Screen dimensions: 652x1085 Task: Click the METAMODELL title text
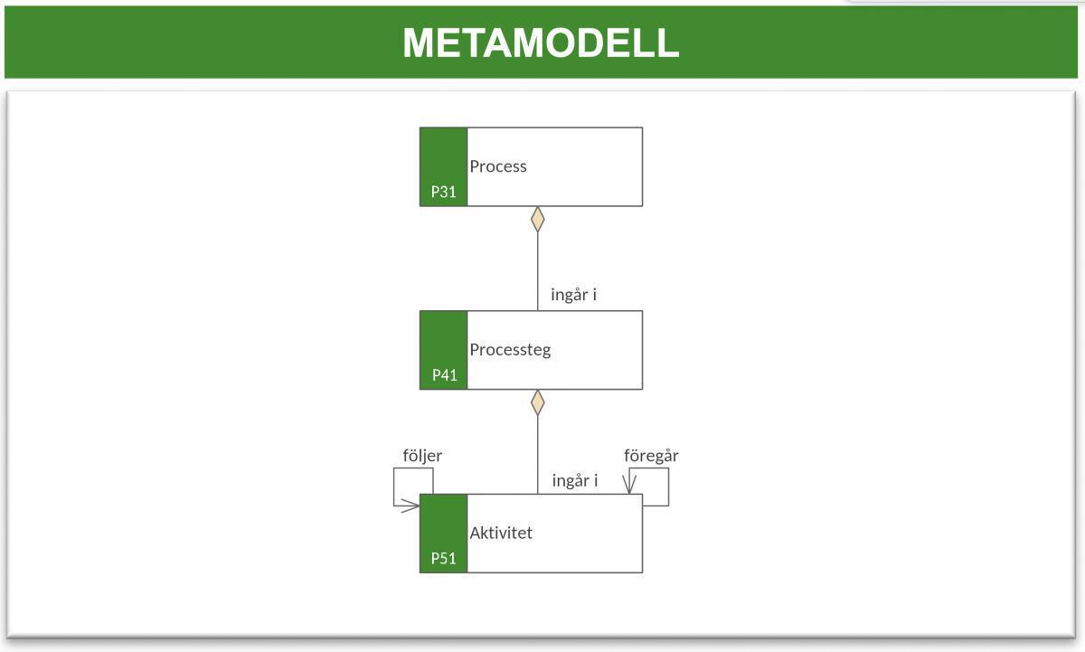click(541, 43)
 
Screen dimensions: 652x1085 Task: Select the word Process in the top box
click(497, 166)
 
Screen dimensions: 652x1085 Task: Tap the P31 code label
click(443, 192)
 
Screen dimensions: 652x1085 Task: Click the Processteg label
click(509, 350)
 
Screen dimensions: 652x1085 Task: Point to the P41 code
click(444, 375)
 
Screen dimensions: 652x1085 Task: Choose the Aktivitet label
click(501, 533)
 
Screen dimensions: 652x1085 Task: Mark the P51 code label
click(443, 558)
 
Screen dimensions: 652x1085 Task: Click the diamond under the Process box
click(538, 219)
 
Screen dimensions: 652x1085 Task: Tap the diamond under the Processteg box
click(538, 402)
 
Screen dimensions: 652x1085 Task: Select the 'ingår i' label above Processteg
click(573, 295)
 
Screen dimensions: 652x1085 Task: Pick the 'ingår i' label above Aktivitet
click(574, 480)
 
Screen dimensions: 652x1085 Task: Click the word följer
click(422, 456)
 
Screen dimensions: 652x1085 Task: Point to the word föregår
click(651, 456)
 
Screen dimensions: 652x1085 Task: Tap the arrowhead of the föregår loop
click(630, 486)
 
